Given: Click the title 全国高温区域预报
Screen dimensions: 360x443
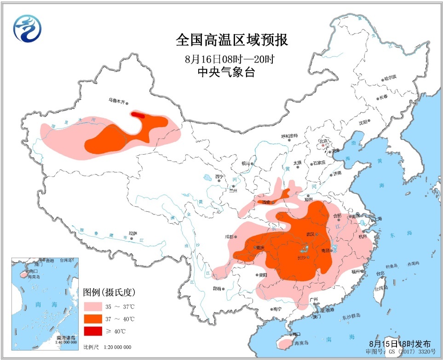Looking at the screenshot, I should click(231, 40).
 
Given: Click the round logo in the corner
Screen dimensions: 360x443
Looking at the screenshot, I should click(27, 28).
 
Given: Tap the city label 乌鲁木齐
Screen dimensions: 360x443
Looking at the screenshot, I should click(118, 99).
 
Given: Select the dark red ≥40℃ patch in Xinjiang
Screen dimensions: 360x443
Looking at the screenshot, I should click(138, 115).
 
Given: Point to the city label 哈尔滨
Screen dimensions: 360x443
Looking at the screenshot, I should click(390, 79).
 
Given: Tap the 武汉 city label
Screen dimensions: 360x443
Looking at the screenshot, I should click(308, 234).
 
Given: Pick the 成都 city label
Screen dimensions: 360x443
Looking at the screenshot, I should click(230, 237).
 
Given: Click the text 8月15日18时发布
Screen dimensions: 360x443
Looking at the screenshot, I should click(400, 343).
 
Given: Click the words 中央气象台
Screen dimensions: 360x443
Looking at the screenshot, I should click(225, 72).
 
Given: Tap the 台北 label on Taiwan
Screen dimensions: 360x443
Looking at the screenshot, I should click(380, 273).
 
